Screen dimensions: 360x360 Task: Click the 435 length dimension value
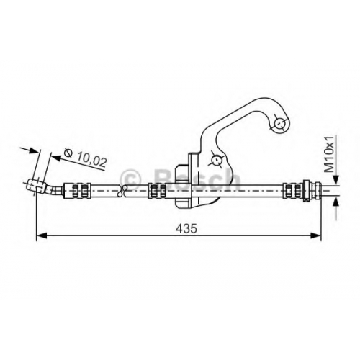[186, 228]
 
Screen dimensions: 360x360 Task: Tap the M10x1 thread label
[328, 154]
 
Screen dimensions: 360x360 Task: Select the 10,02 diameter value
[91, 160]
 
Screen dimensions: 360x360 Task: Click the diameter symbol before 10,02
[68, 153]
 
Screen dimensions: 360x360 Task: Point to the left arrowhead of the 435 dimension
[41, 235]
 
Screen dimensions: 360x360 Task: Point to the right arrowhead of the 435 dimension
[316, 235]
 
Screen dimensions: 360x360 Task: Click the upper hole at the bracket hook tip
[279, 124]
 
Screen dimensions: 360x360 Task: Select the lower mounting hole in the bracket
[217, 159]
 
